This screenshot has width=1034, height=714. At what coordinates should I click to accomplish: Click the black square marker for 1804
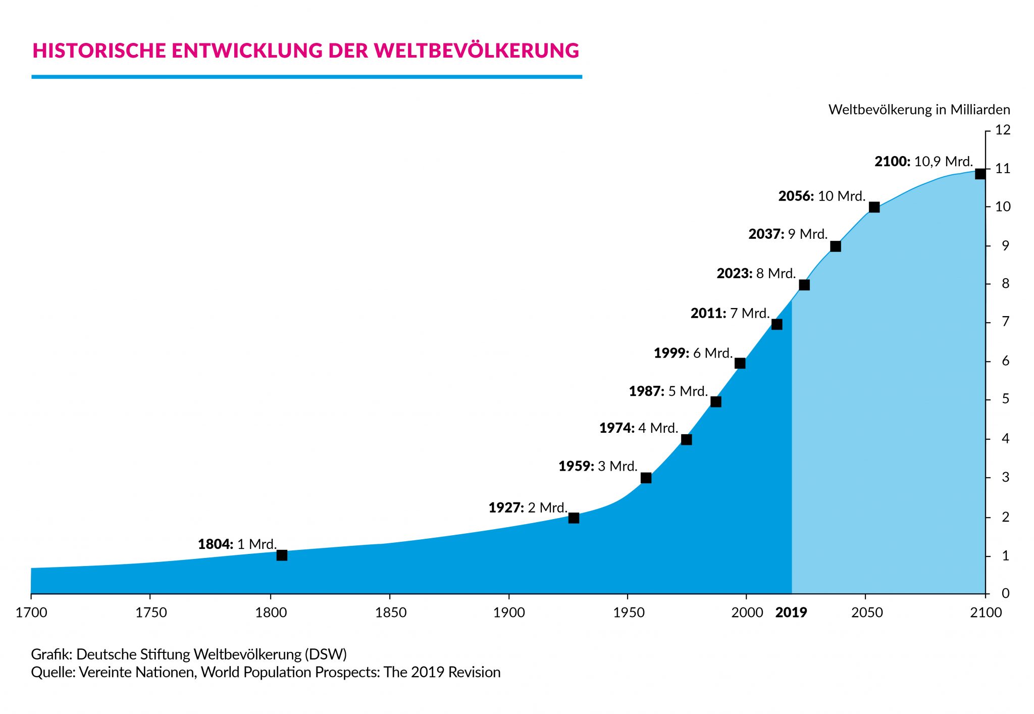coord(282,555)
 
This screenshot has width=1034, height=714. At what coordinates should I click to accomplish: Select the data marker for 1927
coord(574,518)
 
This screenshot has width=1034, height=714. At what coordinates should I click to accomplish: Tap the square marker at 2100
coord(980,174)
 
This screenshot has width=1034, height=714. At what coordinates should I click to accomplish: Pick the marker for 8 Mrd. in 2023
coord(804,285)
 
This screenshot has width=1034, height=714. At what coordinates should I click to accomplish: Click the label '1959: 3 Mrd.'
coord(598,466)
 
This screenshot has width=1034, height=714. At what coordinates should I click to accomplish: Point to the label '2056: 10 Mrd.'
coord(821,196)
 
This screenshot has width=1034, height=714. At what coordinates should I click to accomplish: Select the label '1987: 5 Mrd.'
coord(668,391)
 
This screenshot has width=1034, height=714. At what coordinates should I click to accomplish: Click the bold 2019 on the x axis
coord(791,613)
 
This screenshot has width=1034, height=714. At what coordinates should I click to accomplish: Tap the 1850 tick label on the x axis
coord(390,613)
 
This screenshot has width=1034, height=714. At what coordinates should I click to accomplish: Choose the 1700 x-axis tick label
coord(31,613)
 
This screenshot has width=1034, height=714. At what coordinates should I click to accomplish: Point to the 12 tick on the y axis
coord(1003,130)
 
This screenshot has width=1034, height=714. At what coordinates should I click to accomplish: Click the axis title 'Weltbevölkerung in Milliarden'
coord(919,110)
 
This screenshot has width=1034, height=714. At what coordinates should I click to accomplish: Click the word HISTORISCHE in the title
coord(99,50)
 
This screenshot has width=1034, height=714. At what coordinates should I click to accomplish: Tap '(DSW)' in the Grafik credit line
coord(326,654)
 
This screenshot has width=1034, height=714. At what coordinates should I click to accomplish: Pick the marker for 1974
coord(686,439)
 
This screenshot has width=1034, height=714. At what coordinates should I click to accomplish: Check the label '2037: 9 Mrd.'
coord(788,234)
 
